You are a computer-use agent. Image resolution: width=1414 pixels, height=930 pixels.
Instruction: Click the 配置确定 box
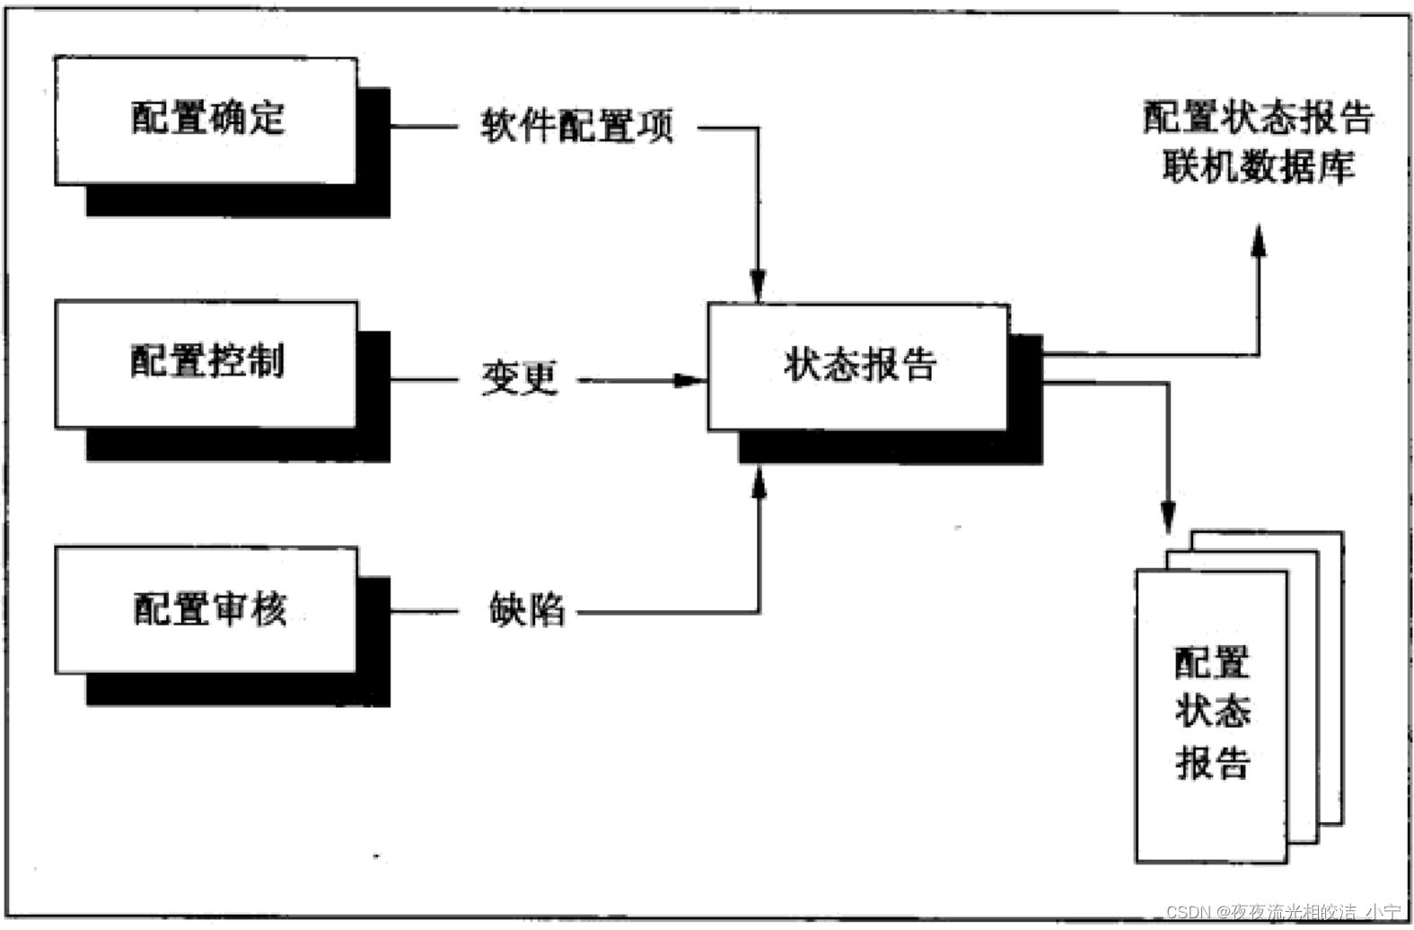206,120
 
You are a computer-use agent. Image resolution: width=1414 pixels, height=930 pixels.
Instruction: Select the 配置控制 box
206,363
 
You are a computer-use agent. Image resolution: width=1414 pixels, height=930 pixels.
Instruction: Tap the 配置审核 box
206,609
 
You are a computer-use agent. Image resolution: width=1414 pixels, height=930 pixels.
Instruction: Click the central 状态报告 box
858,367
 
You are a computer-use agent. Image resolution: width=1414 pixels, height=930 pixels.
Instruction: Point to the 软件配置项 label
576,127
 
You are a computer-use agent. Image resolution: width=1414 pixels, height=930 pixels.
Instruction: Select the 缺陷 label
527,610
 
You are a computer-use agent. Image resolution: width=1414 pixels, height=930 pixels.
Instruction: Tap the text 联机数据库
1258,167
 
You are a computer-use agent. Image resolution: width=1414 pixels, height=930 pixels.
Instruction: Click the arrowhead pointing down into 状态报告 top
758,287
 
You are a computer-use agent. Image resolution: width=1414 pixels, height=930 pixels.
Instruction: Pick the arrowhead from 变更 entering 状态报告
689,380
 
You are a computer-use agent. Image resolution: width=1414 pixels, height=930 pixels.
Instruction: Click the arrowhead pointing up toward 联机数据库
1259,241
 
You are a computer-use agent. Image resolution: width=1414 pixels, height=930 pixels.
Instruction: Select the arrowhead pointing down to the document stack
1167,517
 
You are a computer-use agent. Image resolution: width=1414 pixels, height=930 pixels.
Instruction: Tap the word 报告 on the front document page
1212,764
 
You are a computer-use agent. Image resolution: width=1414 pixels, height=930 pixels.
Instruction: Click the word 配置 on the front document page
1212,663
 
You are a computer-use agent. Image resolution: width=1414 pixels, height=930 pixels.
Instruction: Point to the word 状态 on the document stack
1212,712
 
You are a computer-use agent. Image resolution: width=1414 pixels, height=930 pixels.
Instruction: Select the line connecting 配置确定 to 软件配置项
424,127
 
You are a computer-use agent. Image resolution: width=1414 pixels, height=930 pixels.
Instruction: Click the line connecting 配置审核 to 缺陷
424,612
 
